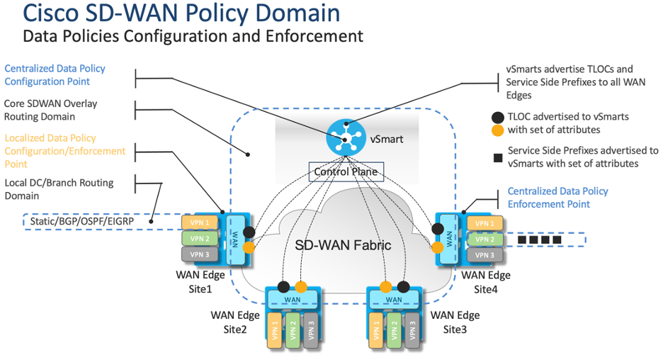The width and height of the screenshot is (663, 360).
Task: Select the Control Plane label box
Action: click(346, 171)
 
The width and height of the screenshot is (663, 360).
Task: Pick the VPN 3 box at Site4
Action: click(484, 254)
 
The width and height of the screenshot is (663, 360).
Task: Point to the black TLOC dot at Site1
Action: click(249, 232)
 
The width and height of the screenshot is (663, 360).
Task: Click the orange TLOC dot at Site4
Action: click(438, 248)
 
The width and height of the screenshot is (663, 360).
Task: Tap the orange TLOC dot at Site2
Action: click(301, 287)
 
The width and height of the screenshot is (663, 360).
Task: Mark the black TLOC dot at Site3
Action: click(404, 287)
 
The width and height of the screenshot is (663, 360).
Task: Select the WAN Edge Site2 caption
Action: click(235, 321)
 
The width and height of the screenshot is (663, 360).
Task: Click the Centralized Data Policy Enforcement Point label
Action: click(557, 197)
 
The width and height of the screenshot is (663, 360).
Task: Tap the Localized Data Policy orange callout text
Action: click(64, 150)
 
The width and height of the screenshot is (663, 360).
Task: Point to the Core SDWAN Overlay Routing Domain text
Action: click(50, 110)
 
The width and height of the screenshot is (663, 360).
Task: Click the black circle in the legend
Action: click(498, 116)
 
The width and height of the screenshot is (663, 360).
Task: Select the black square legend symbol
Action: click(498, 150)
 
